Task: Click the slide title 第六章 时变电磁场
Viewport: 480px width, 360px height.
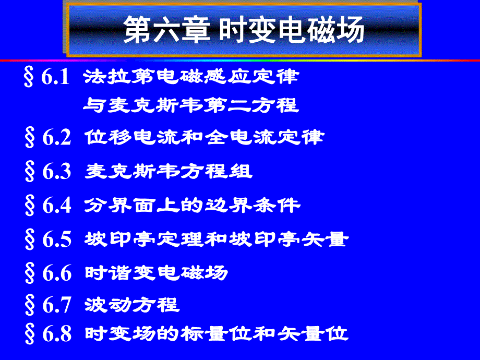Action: (243, 31)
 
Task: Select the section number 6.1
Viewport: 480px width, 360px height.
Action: (56, 78)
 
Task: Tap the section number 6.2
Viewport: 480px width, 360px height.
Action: (56, 138)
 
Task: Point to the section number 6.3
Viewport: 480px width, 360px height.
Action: (56, 172)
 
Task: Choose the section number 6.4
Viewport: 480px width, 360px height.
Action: (56, 206)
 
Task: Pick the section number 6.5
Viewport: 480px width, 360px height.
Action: (56, 239)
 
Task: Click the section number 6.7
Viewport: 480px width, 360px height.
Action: (56, 306)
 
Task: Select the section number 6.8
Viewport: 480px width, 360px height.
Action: (56, 334)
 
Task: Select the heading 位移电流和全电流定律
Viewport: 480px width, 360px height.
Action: (204, 137)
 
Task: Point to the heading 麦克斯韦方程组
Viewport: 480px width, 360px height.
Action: (169, 171)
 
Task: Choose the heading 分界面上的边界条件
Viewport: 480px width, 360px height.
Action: (193, 205)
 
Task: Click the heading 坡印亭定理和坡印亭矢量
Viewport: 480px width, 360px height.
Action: (216, 239)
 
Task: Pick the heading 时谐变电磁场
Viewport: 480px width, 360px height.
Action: (157, 273)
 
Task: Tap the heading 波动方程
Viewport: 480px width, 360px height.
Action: (132, 305)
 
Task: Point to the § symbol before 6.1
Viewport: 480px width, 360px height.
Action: (30, 79)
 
